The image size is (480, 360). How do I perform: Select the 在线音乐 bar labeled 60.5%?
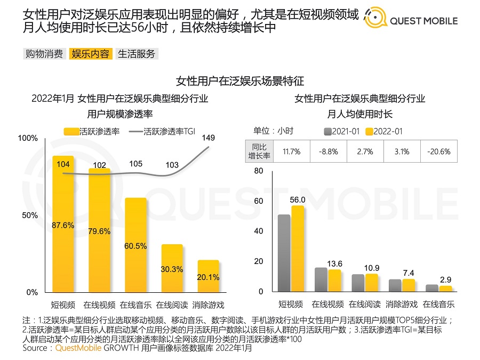pos(135,245)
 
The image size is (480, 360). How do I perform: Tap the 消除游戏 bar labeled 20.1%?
pos(208,276)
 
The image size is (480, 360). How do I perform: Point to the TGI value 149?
pos(209,138)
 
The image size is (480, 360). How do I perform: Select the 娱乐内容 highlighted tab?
pos(91,53)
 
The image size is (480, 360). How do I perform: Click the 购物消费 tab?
pos(44,53)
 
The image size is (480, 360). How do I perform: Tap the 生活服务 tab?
pos(137,53)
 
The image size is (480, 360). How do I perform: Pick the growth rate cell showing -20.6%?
pos(438,151)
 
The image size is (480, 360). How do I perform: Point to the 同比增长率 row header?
pos(260,151)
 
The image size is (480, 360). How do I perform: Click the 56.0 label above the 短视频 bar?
pos(298,199)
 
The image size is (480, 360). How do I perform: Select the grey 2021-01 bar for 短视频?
pos(284,253)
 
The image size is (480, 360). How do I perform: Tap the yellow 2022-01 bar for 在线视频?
pos(334,281)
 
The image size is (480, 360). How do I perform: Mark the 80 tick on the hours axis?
pos(259,171)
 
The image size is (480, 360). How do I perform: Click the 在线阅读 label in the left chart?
pos(172,305)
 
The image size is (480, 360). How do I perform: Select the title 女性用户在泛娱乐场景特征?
pos(240,81)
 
